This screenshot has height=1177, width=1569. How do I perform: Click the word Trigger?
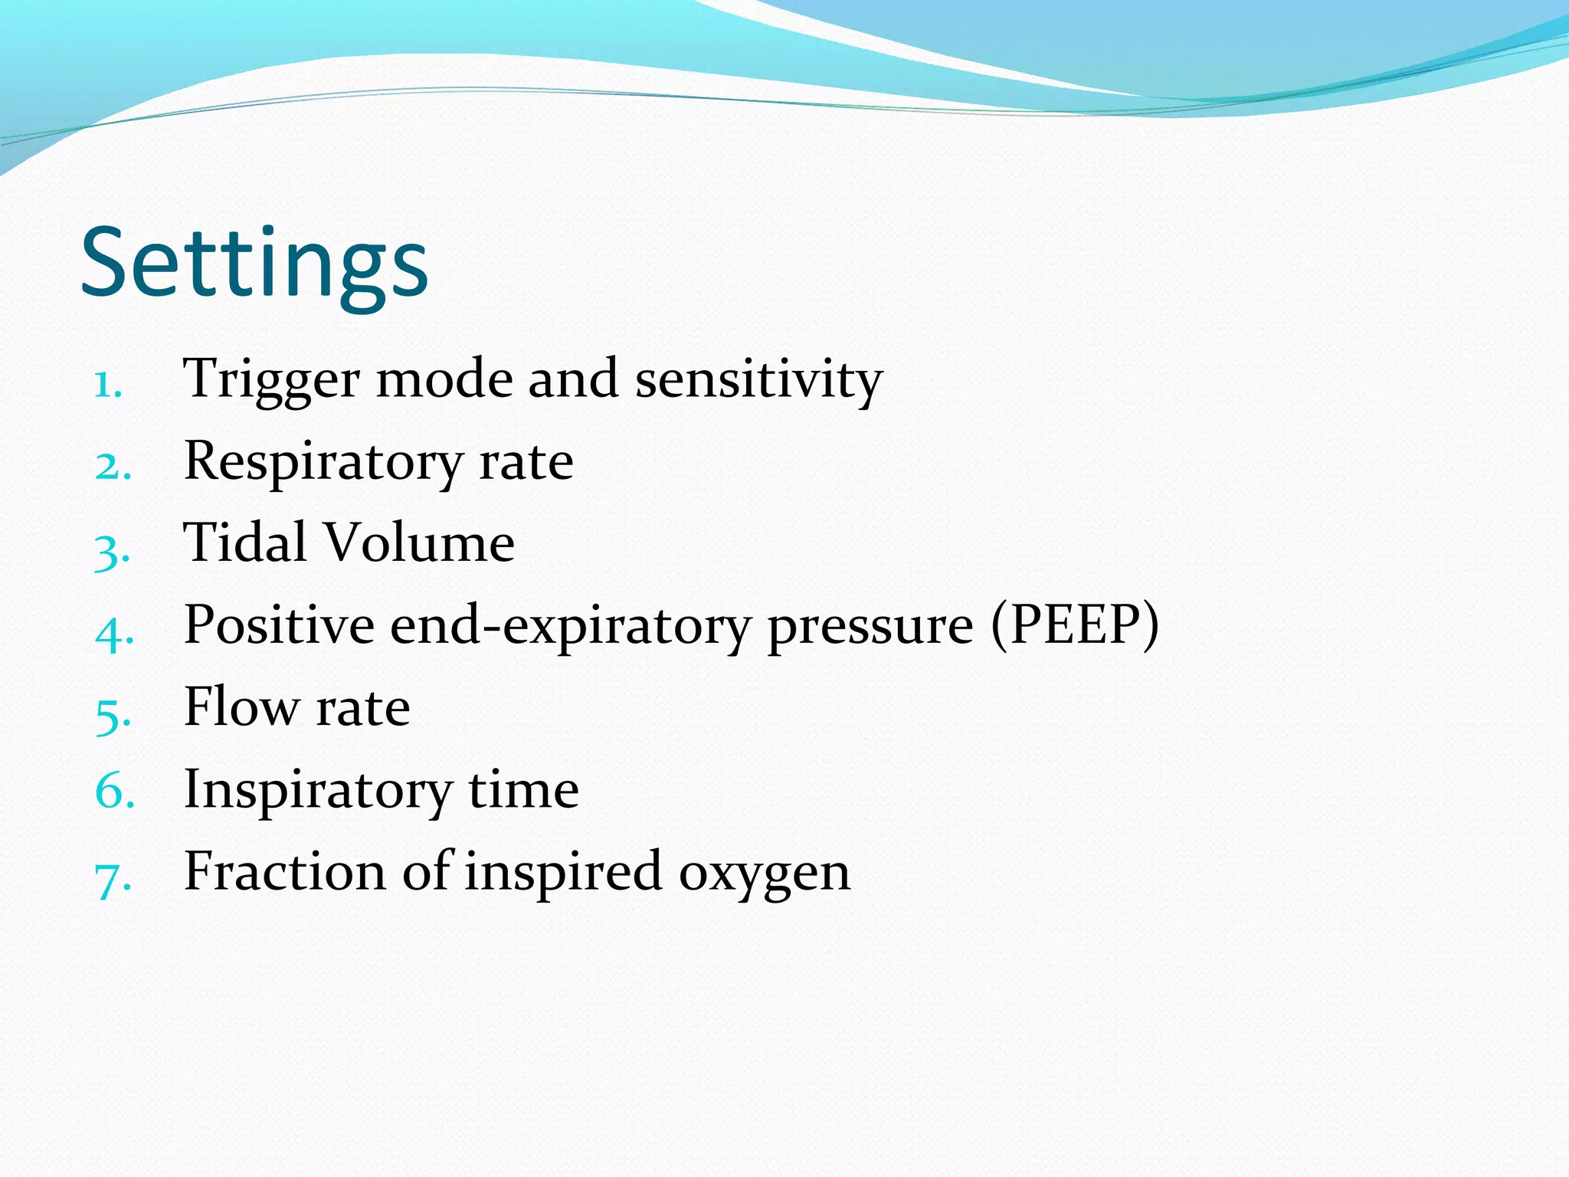270,379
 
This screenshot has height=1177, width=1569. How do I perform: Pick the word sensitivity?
758,379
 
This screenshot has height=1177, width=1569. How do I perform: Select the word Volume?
419,543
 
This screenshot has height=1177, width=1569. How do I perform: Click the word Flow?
242,707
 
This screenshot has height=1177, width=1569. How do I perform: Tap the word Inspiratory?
318,791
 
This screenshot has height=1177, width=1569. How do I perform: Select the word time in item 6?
523,789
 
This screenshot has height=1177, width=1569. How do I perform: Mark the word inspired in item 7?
563,872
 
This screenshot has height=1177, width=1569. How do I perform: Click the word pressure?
870,627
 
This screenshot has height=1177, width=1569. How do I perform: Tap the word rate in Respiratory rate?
526,462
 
